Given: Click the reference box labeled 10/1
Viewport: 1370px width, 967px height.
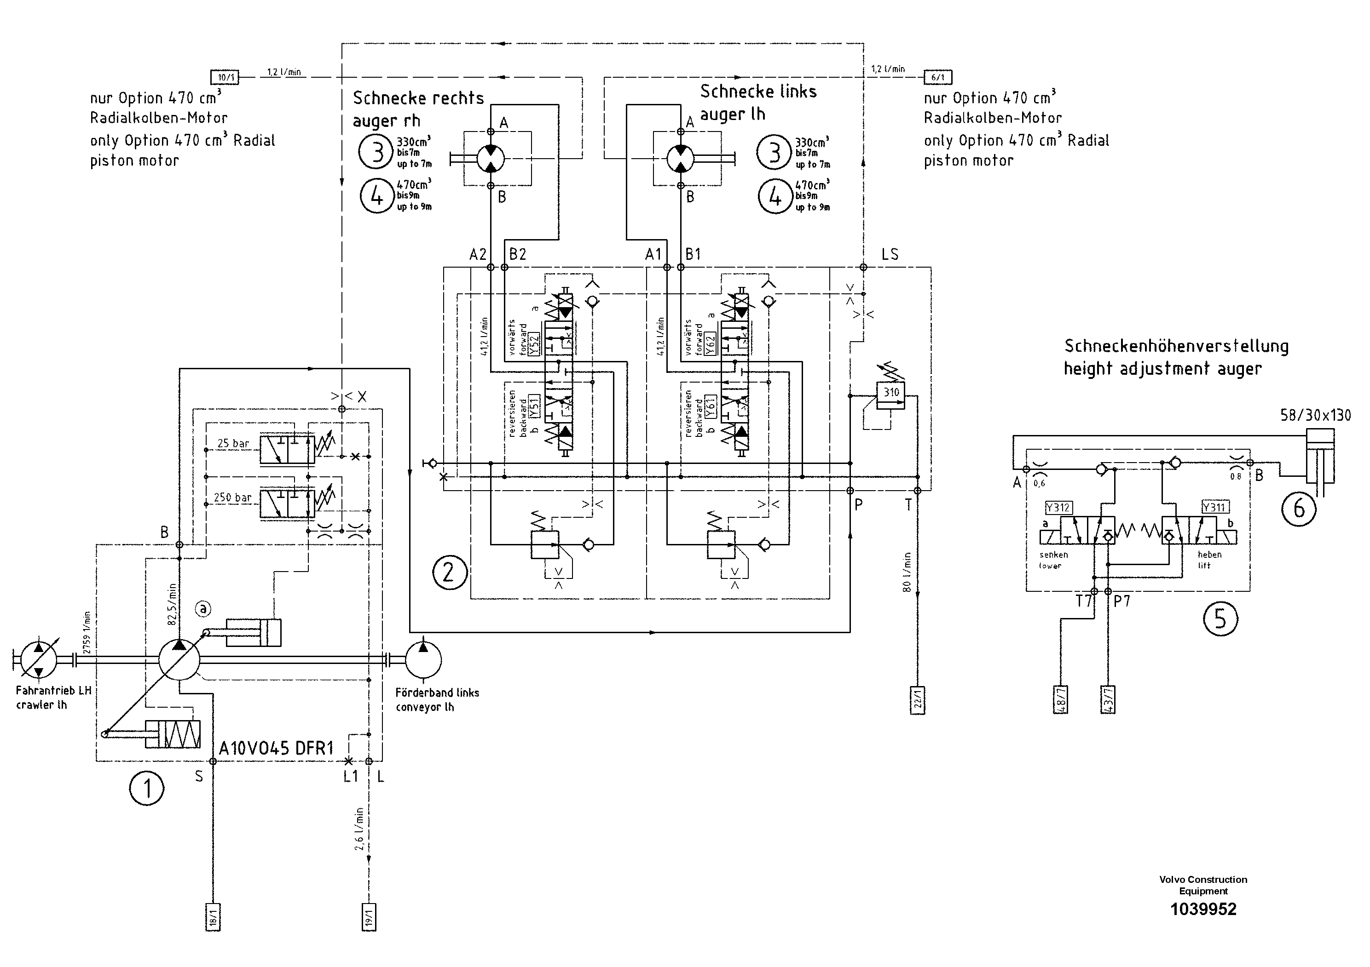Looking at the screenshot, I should tap(225, 77).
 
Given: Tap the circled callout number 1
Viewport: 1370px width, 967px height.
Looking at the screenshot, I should tap(147, 788).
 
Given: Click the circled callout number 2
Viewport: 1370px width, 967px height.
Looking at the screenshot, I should tap(449, 572).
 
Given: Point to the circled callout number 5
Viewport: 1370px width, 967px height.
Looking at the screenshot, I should tap(1220, 619).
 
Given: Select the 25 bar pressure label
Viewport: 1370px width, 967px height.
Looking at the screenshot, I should tap(233, 443).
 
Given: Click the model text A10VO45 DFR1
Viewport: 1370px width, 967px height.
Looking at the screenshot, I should tap(276, 749).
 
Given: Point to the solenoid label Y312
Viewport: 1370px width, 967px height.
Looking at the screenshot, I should tap(1058, 507).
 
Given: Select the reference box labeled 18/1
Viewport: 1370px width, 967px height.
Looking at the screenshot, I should tap(213, 917).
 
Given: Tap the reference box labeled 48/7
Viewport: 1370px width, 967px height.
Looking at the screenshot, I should tap(1060, 699).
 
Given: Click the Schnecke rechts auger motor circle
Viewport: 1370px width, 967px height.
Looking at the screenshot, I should tap(491, 158).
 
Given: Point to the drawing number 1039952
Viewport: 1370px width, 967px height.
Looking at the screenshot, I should tap(1203, 909).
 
